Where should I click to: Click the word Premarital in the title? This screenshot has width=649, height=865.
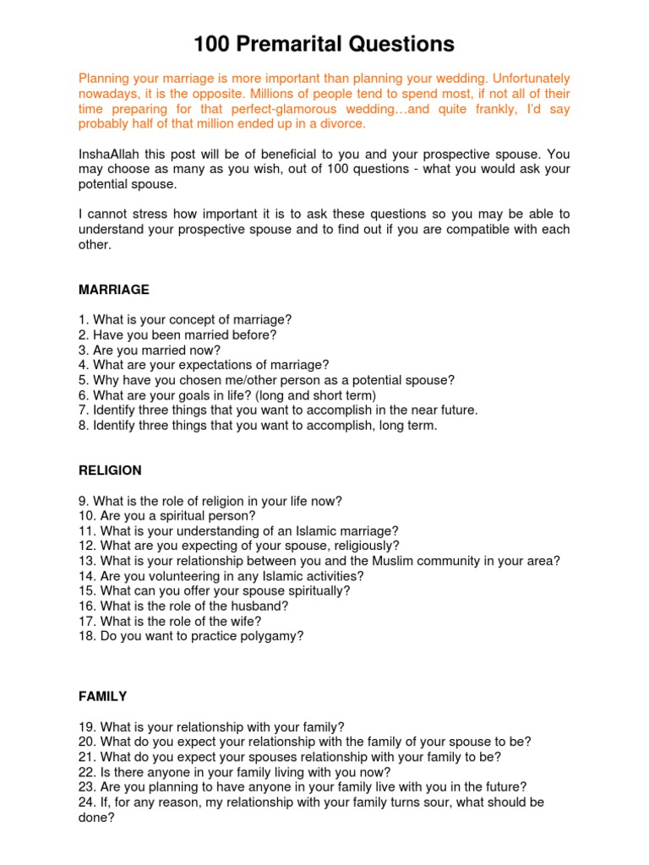point(300,44)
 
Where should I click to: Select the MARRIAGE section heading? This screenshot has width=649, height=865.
point(113,290)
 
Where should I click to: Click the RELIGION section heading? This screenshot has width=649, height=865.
point(110,471)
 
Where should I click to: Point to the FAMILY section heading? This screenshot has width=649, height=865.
point(102,697)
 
